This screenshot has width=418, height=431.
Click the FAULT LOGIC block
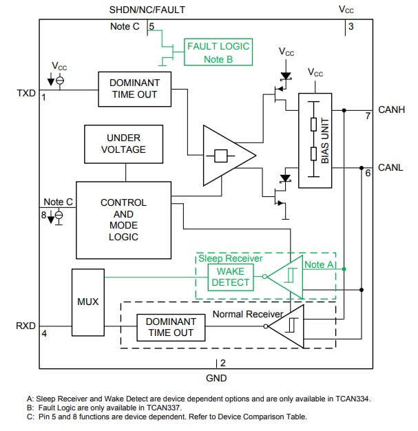click(x=218, y=52)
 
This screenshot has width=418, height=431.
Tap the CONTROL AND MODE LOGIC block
click(x=123, y=220)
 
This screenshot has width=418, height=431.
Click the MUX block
click(x=87, y=302)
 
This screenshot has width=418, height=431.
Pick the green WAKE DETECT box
click(x=231, y=277)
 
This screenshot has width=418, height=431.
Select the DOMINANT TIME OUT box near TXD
click(x=134, y=88)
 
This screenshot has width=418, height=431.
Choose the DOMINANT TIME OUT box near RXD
click(x=171, y=327)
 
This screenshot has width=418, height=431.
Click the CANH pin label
click(x=391, y=109)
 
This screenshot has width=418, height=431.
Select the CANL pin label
click(x=390, y=167)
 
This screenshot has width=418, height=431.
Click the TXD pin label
click(x=26, y=93)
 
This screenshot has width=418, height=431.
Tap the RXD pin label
click(x=26, y=325)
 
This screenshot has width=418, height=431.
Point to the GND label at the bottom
click(x=216, y=378)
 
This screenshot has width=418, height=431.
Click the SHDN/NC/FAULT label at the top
click(x=147, y=10)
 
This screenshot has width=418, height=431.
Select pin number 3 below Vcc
click(x=351, y=27)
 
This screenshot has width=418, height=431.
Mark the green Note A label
click(x=320, y=264)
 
